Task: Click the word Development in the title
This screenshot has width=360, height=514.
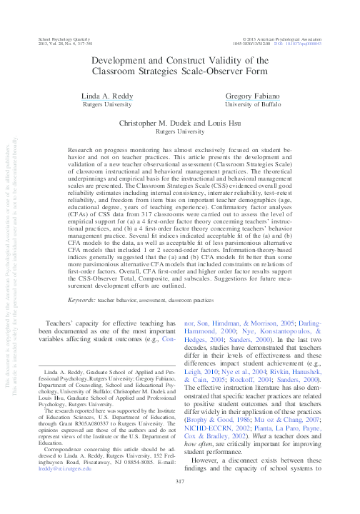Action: tap(125, 62)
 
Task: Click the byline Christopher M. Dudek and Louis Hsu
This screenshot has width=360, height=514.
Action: tap(180, 123)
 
